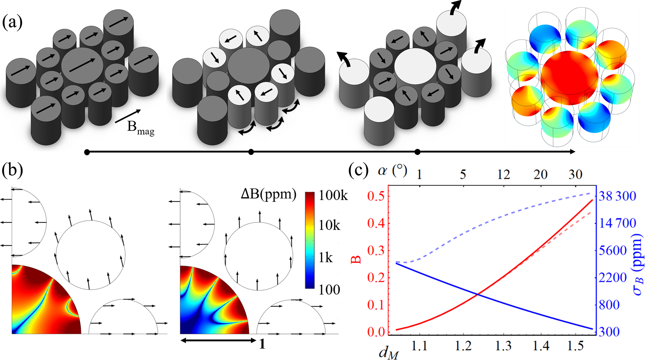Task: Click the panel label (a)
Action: point(12,22)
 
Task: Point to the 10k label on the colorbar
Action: point(330,225)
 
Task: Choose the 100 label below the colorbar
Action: point(330,290)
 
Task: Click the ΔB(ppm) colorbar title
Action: point(268,194)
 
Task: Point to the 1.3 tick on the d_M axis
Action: point(503,346)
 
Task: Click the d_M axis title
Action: point(388,353)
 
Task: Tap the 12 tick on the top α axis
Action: point(503,174)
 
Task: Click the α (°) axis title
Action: point(392,171)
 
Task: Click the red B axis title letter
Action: point(356,259)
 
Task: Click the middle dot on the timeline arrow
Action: point(251,152)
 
